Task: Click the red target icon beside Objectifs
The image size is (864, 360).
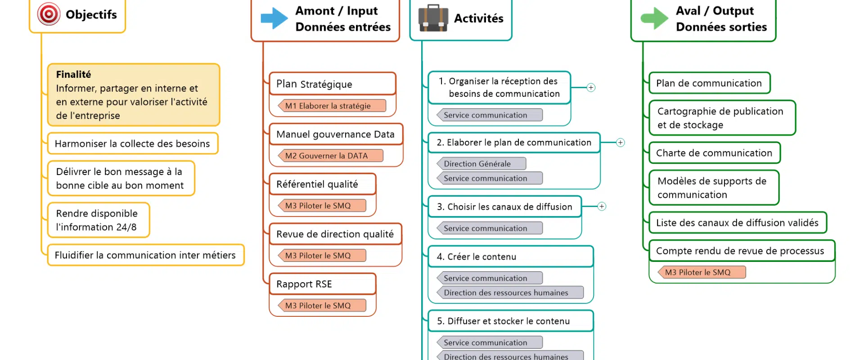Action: coord(49,14)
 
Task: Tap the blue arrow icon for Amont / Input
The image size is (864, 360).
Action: coord(274,18)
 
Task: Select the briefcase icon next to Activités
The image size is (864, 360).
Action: coord(433,18)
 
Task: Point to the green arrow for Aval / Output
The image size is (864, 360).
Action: coord(654,18)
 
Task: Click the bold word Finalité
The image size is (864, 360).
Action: coord(73,74)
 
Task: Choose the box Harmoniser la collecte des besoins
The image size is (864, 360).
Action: coord(132,144)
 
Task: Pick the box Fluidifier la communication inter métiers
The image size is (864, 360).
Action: coord(145,255)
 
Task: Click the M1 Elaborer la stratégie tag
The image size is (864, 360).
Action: coord(332,106)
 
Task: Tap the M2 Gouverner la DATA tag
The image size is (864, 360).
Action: coord(331,156)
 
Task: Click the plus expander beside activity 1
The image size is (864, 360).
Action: coord(591,88)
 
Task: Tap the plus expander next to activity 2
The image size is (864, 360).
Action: coord(620,143)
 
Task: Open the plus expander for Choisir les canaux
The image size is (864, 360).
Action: coord(602,207)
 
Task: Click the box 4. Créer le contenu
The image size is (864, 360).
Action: coord(510,256)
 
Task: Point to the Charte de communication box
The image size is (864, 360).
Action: coord(714,153)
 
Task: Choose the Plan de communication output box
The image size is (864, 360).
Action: coord(709,83)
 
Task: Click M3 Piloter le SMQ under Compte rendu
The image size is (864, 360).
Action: coord(702,272)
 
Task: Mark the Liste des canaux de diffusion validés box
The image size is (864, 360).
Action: coord(738,223)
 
